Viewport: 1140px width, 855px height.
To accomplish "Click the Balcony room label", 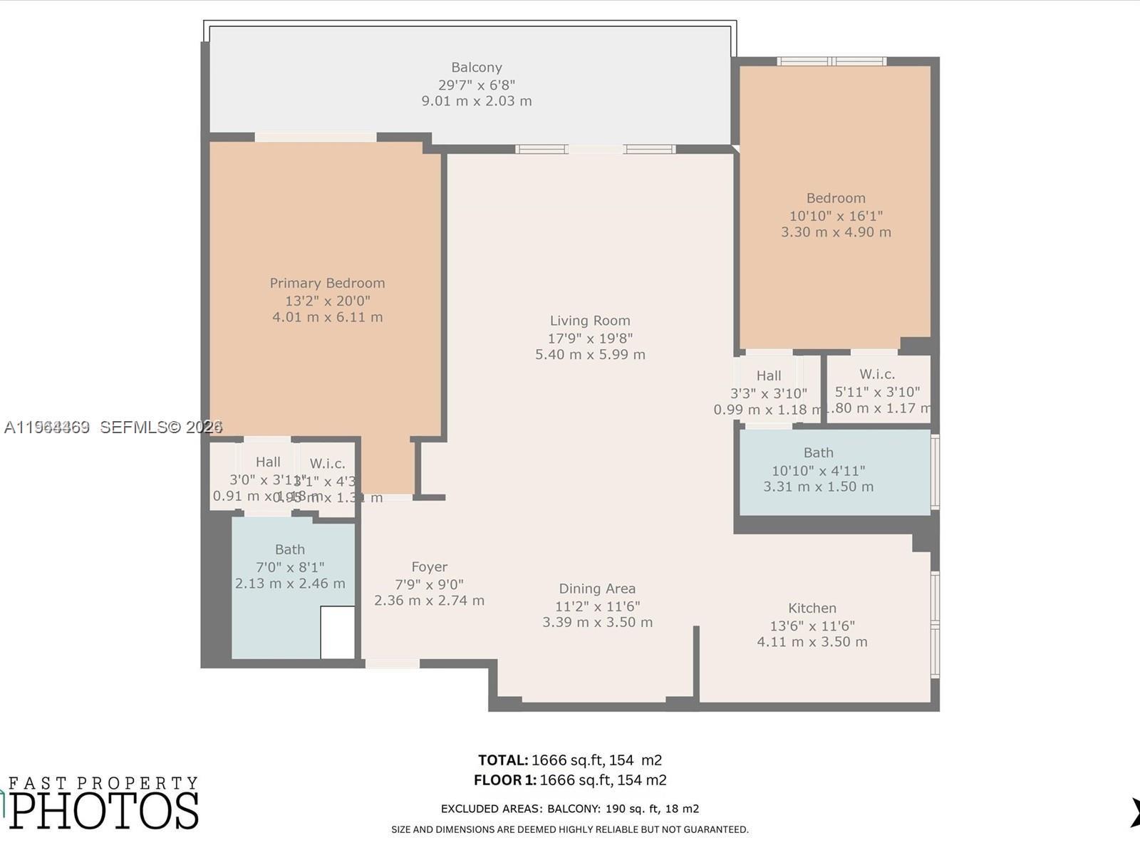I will pyautogui.click(x=476, y=68).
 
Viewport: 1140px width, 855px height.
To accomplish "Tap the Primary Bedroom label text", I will pyautogui.click(x=327, y=283).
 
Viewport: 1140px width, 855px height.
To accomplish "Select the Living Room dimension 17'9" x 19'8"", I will pyautogui.click(x=590, y=338).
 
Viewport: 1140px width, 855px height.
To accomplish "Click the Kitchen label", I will pyautogui.click(x=812, y=608).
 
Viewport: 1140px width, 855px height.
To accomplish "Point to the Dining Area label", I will pyautogui.click(x=596, y=589).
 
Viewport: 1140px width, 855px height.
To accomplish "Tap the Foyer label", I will pyautogui.click(x=429, y=567).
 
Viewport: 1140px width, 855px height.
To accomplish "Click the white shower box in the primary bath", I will pyautogui.click(x=337, y=632).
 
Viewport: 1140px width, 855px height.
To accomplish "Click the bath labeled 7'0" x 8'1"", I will pyautogui.click(x=290, y=566).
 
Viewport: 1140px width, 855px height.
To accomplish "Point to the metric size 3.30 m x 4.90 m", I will pyautogui.click(x=835, y=232).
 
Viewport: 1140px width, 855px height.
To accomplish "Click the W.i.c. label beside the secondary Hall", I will pyautogui.click(x=876, y=374).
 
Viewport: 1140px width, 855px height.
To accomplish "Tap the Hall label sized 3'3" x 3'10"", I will pyautogui.click(x=768, y=375).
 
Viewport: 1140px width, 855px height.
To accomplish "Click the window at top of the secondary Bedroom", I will pyautogui.click(x=831, y=61).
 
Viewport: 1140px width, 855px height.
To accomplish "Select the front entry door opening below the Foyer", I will pyautogui.click(x=392, y=664).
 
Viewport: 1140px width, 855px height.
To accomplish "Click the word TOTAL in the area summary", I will pyautogui.click(x=502, y=760).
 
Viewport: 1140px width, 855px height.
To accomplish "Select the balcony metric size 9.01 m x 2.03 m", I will pyautogui.click(x=476, y=101).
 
